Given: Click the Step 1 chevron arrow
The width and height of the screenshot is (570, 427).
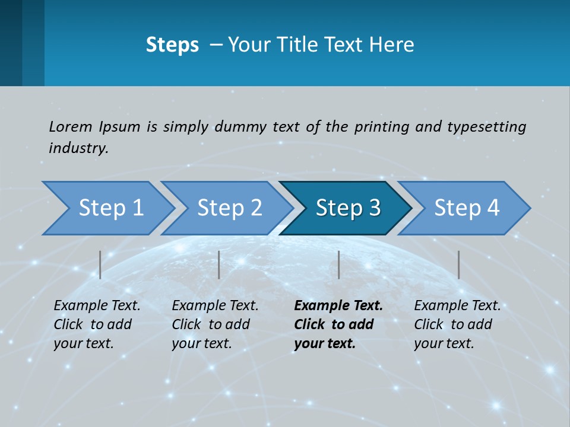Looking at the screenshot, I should pos(110,208).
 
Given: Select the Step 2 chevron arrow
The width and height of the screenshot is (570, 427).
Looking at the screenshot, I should pos(229,208).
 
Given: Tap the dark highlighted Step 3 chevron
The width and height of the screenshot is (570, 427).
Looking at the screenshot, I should pos(347,208).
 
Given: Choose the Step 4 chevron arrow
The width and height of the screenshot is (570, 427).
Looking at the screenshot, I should pos(466,208).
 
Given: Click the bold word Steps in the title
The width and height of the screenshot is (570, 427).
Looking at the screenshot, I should pos(172,45).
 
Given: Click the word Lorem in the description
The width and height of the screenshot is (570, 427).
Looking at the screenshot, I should pos(71,126).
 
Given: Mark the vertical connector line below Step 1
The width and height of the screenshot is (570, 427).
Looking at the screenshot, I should pos(100,265).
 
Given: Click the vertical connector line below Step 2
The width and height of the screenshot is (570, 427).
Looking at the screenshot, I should pos(219,265).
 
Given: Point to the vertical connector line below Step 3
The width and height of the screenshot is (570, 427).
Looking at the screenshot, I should pos(338,265).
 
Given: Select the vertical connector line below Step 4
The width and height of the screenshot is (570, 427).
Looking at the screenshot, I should pos(458,265).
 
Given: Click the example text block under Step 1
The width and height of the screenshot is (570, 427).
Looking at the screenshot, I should pos(97,324).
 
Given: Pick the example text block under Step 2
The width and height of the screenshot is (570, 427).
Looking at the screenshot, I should pos(215,324).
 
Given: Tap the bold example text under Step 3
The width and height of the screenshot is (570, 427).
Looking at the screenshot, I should pos(338,324).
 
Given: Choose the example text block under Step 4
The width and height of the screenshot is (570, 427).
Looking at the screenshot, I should pos(457,324).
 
